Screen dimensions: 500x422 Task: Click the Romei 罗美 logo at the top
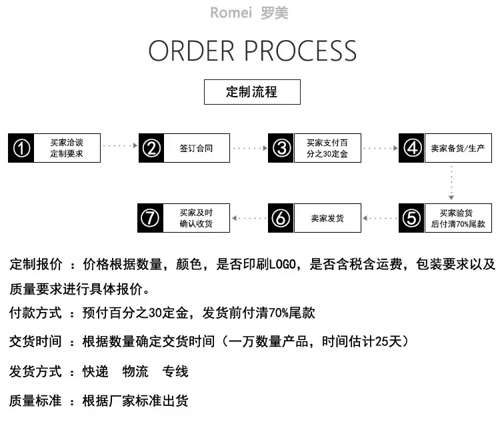coord(249,13)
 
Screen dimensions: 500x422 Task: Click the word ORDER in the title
coord(191,51)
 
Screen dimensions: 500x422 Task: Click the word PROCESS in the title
coord(301,51)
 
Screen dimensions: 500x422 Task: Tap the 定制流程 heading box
coord(252,92)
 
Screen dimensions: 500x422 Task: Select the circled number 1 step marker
coord(21,148)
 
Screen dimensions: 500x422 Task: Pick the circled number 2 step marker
coord(151,148)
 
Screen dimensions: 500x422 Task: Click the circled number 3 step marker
coord(281,148)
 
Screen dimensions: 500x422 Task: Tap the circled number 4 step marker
coord(411,148)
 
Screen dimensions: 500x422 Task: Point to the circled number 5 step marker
coord(411,218)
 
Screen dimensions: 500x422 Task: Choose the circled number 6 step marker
coord(281,218)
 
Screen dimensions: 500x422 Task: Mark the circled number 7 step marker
coord(150,218)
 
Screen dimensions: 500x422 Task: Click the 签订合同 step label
coord(196,148)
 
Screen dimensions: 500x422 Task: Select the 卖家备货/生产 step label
coord(457,148)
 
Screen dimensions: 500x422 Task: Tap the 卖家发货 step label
coord(327,218)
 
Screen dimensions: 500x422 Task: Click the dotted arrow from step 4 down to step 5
coord(451,183)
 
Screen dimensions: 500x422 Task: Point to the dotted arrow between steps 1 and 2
coord(121,145)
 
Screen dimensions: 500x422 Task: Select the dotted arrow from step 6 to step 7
coord(249,218)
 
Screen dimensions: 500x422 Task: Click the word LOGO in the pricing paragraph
coord(283,265)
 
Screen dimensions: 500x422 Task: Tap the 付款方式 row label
coord(35,313)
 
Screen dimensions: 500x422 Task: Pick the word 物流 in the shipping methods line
coord(135,371)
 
